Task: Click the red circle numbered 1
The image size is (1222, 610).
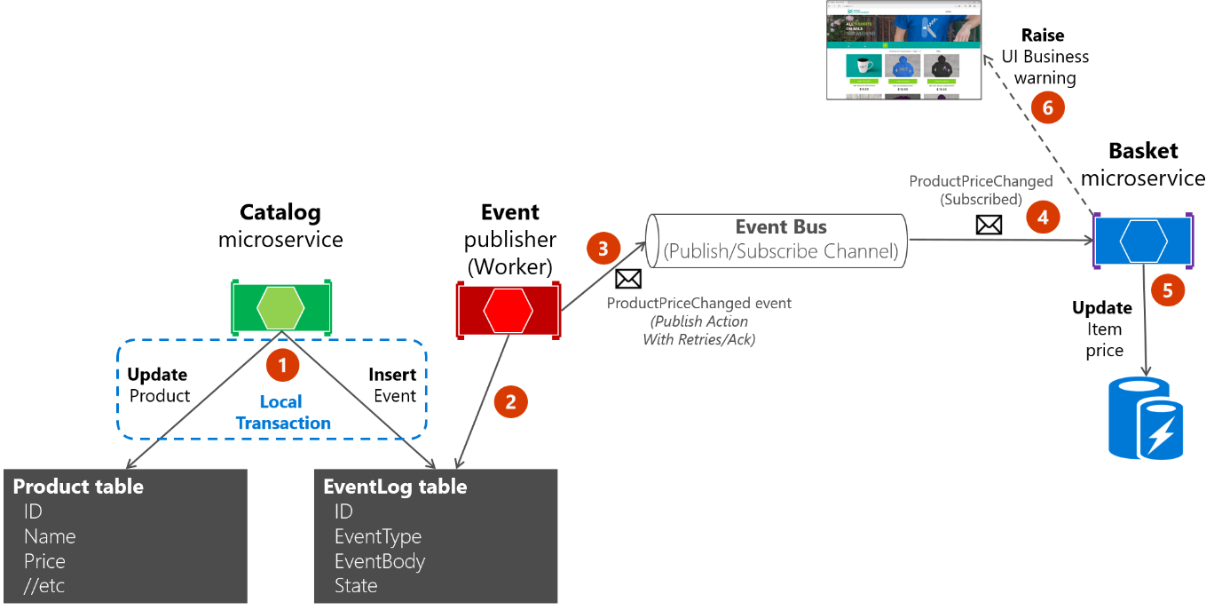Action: tap(283, 364)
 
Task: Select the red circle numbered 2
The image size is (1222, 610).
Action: tap(510, 401)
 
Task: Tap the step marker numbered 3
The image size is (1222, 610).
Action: tap(603, 249)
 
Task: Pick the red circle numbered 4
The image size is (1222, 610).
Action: tap(1044, 216)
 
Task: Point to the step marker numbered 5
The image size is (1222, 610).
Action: tap(1167, 289)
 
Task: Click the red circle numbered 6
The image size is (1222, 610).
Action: tap(1048, 108)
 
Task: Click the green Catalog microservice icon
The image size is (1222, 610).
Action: tap(281, 307)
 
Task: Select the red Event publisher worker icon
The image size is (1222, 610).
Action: tap(509, 310)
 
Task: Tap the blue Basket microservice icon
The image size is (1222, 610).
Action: tap(1143, 242)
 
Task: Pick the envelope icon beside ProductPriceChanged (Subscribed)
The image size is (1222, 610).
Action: tap(989, 226)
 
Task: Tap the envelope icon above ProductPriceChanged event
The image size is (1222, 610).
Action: tap(628, 279)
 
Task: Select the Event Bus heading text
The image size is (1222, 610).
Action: tap(781, 227)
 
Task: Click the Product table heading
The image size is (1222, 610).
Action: tap(78, 487)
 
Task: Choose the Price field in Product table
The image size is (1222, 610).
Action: tap(44, 561)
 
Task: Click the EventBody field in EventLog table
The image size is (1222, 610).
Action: tap(379, 561)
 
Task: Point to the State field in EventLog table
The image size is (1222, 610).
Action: tap(356, 586)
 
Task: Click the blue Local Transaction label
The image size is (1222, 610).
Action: tap(282, 413)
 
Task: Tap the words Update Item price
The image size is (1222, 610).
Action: tap(1104, 329)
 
